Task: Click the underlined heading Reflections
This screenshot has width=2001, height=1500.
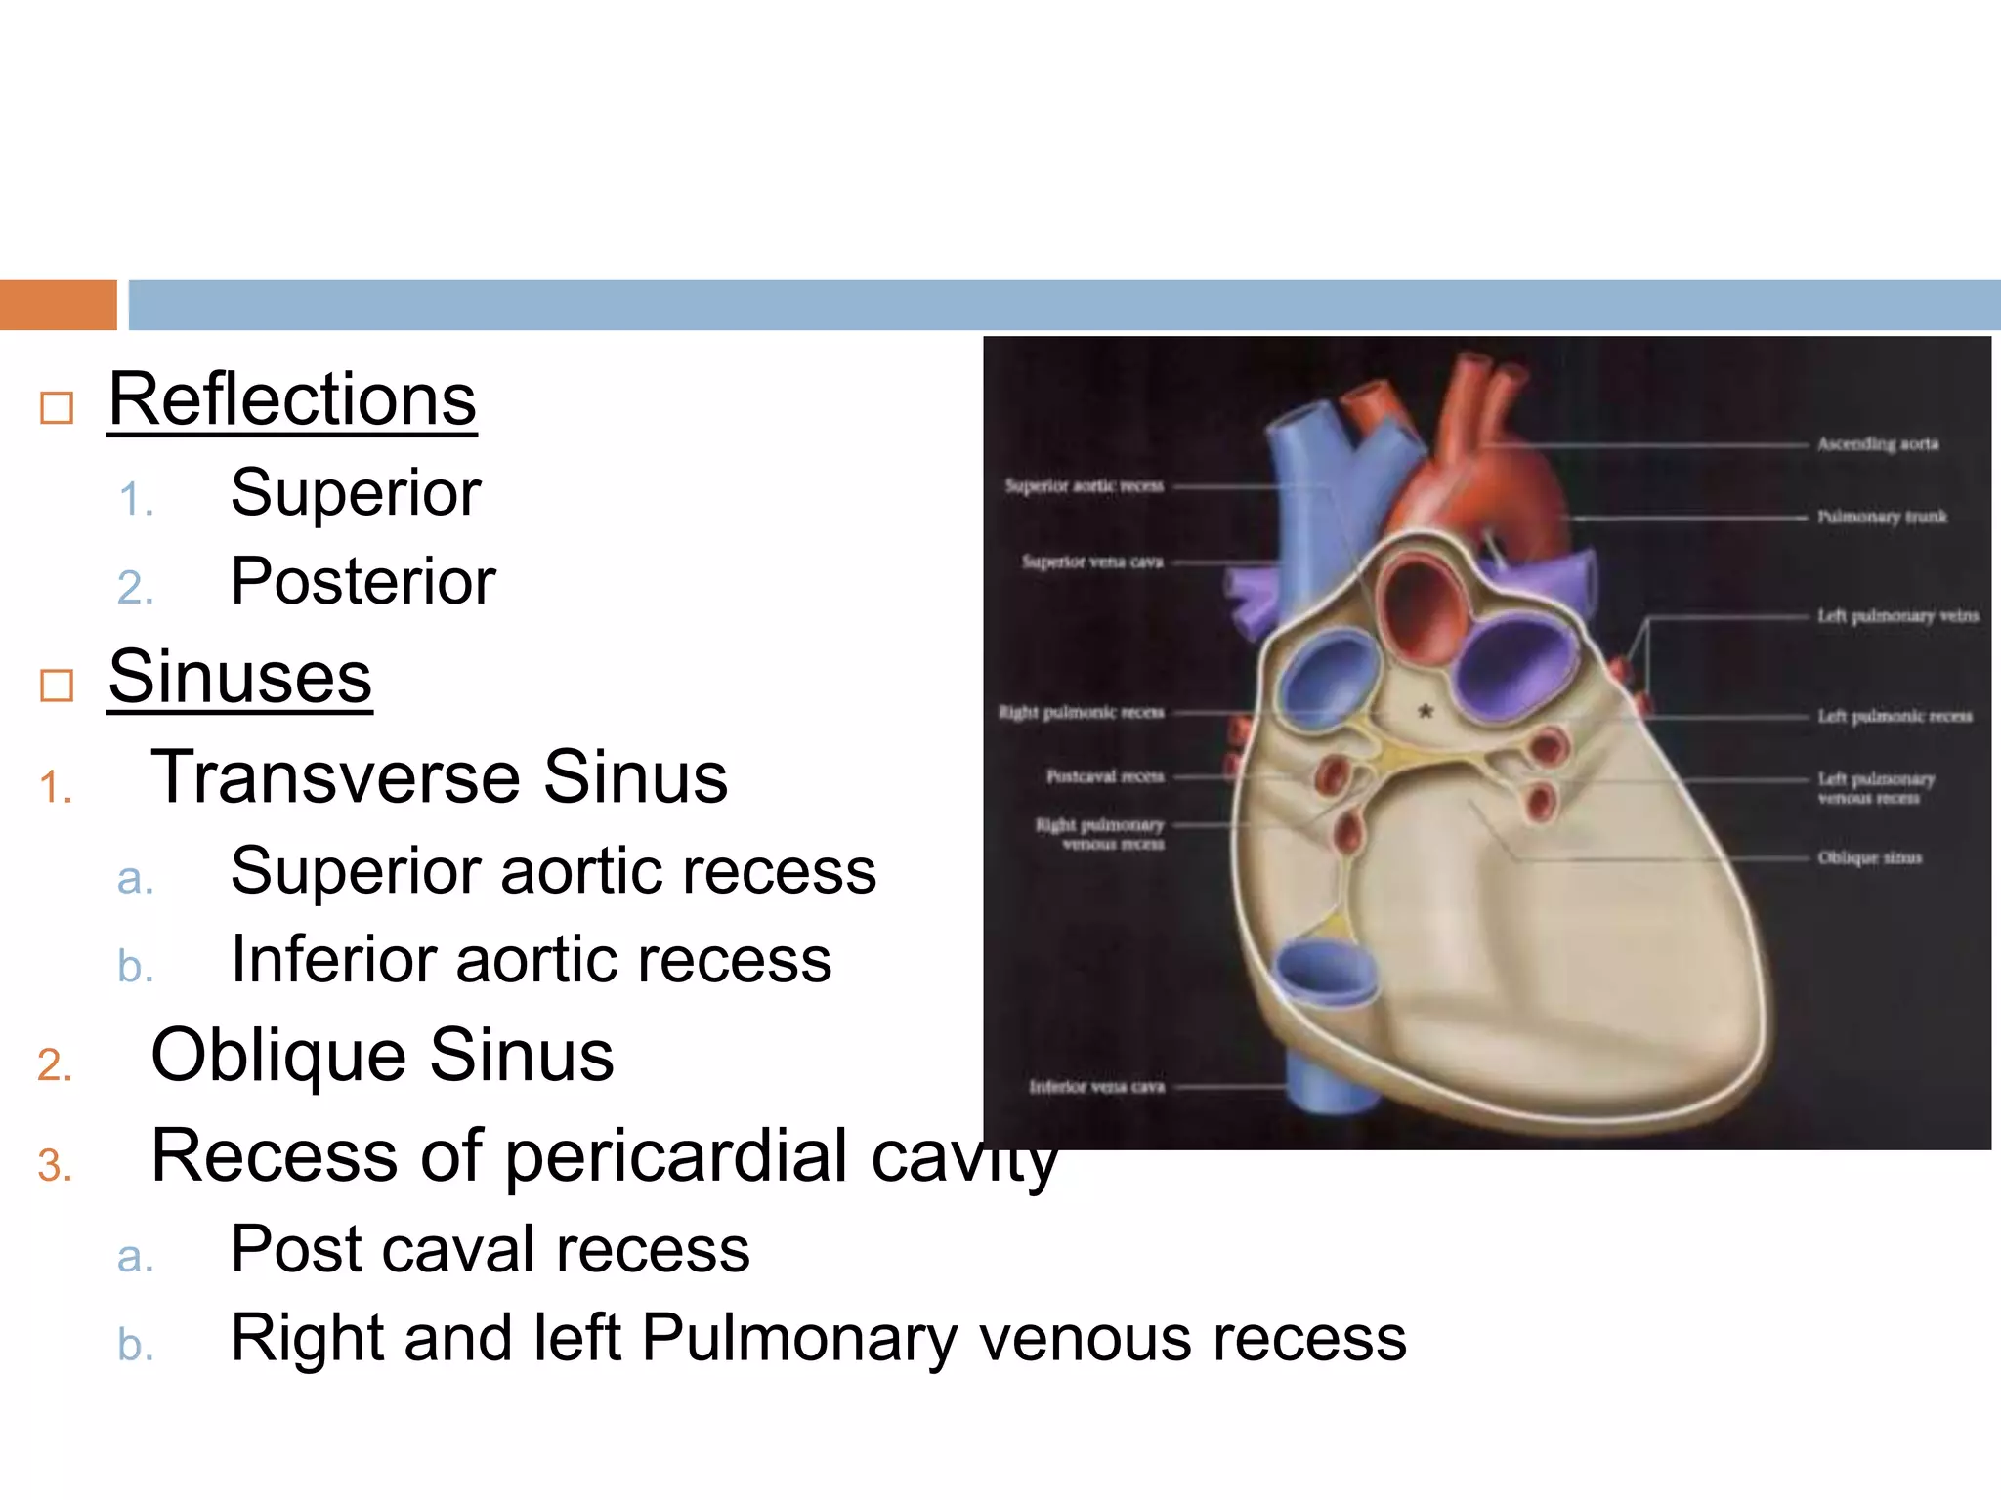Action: [292, 400]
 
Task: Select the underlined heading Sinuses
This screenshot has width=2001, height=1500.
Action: [240, 677]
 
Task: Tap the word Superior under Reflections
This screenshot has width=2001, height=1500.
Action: [356, 493]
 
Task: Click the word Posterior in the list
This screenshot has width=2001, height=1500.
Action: [362, 582]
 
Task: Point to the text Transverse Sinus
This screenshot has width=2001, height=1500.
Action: [440, 777]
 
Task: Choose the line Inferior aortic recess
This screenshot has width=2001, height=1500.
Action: [531, 959]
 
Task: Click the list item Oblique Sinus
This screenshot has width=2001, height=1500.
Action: [382, 1056]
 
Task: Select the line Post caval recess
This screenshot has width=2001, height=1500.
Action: [490, 1249]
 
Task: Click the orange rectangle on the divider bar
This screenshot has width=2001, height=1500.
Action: [58, 305]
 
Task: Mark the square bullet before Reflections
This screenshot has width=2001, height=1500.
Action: [57, 407]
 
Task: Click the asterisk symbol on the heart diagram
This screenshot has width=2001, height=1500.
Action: [1426, 712]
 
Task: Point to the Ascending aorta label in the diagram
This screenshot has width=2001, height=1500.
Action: [1877, 444]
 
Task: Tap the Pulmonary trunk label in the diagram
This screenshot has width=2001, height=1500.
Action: [1882, 517]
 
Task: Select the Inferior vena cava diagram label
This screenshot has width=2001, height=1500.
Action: [1096, 1087]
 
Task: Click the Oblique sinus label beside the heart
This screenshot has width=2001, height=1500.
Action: [1869, 858]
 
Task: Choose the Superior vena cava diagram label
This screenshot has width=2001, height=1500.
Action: [1092, 562]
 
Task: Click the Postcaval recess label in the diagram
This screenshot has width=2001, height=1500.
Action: [1105, 777]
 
